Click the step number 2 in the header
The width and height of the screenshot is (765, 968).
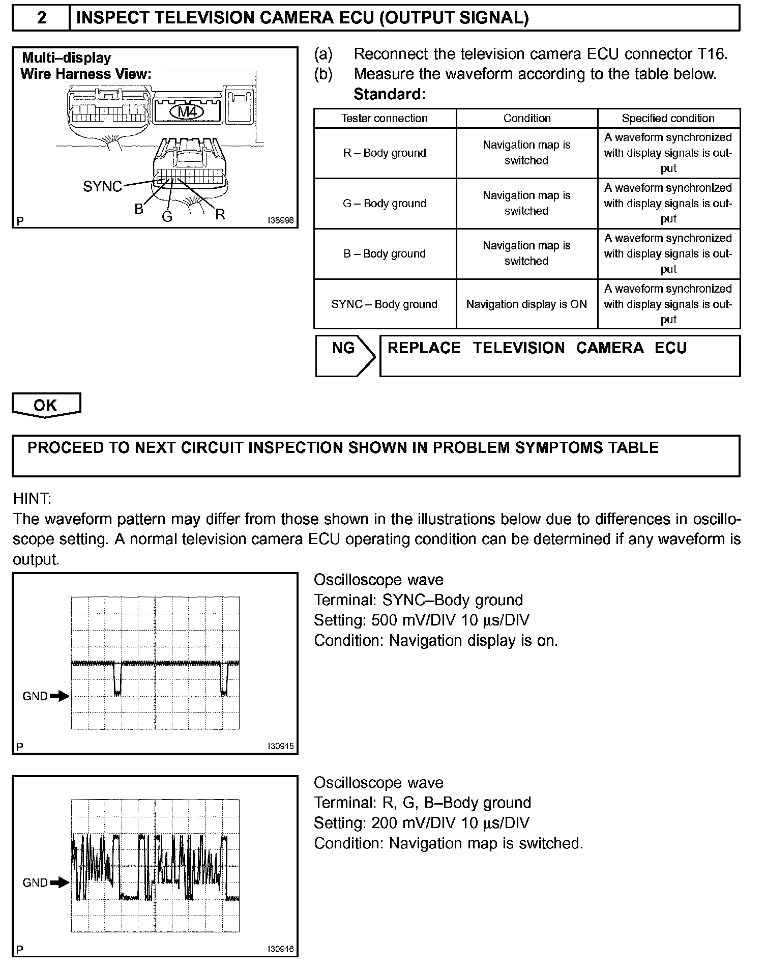pos(42,18)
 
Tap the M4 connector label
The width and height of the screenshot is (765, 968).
pos(188,111)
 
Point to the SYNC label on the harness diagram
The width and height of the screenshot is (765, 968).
pos(102,187)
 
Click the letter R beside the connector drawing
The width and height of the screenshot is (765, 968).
pos(220,214)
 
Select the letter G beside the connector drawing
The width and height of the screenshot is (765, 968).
pos(167,217)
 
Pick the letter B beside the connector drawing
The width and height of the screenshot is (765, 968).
pos(139,209)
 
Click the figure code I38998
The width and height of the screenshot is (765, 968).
pos(281,221)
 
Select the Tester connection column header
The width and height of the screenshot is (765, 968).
pos(385,119)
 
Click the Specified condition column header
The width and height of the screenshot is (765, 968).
pos(668,119)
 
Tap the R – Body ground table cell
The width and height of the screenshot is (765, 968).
pos(385,153)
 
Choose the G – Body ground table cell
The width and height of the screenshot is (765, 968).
pos(385,204)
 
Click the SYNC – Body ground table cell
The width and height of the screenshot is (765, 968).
pos(385,304)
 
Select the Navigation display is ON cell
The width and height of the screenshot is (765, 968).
pos(526,304)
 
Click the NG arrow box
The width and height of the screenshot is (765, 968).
pos(345,355)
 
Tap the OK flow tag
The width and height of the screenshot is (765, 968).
pos(46,405)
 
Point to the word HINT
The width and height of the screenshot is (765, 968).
pos(32,499)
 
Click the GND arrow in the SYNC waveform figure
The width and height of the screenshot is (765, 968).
pos(60,696)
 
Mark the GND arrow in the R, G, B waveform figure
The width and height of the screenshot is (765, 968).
pos(60,882)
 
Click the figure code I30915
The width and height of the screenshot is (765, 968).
pos(281,747)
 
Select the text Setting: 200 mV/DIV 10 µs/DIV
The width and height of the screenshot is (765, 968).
pos(421,823)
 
